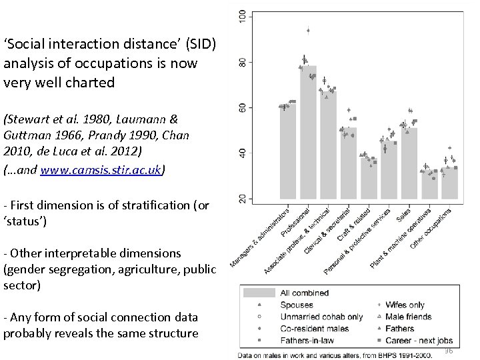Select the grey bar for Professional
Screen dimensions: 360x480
(308, 133)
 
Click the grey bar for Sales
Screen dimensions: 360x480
(409, 163)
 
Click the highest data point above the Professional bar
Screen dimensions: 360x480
(307, 30)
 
